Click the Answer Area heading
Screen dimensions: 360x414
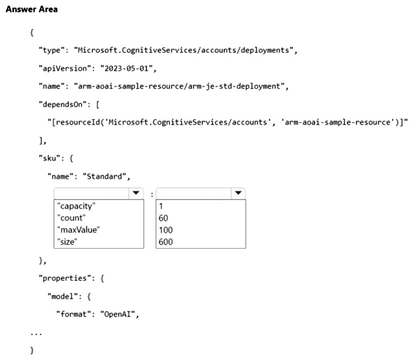click(x=32, y=10)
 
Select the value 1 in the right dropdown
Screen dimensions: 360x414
click(x=161, y=206)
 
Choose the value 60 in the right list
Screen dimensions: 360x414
click(x=163, y=218)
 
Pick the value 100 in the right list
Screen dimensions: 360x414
click(x=166, y=229)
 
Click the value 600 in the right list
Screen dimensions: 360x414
click(x=166, y=241)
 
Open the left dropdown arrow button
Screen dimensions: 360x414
click(x=136, y=193)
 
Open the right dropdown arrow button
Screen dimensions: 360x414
click(x=238, y=193)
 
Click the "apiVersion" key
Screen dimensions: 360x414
click(x=63, y=68)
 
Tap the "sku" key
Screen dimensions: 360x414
click(x=50, y=158)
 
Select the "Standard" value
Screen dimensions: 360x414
click(x=104, y=176)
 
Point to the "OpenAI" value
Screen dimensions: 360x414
click(x=117, y=314)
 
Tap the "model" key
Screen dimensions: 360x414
click(x=63, y=296)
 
